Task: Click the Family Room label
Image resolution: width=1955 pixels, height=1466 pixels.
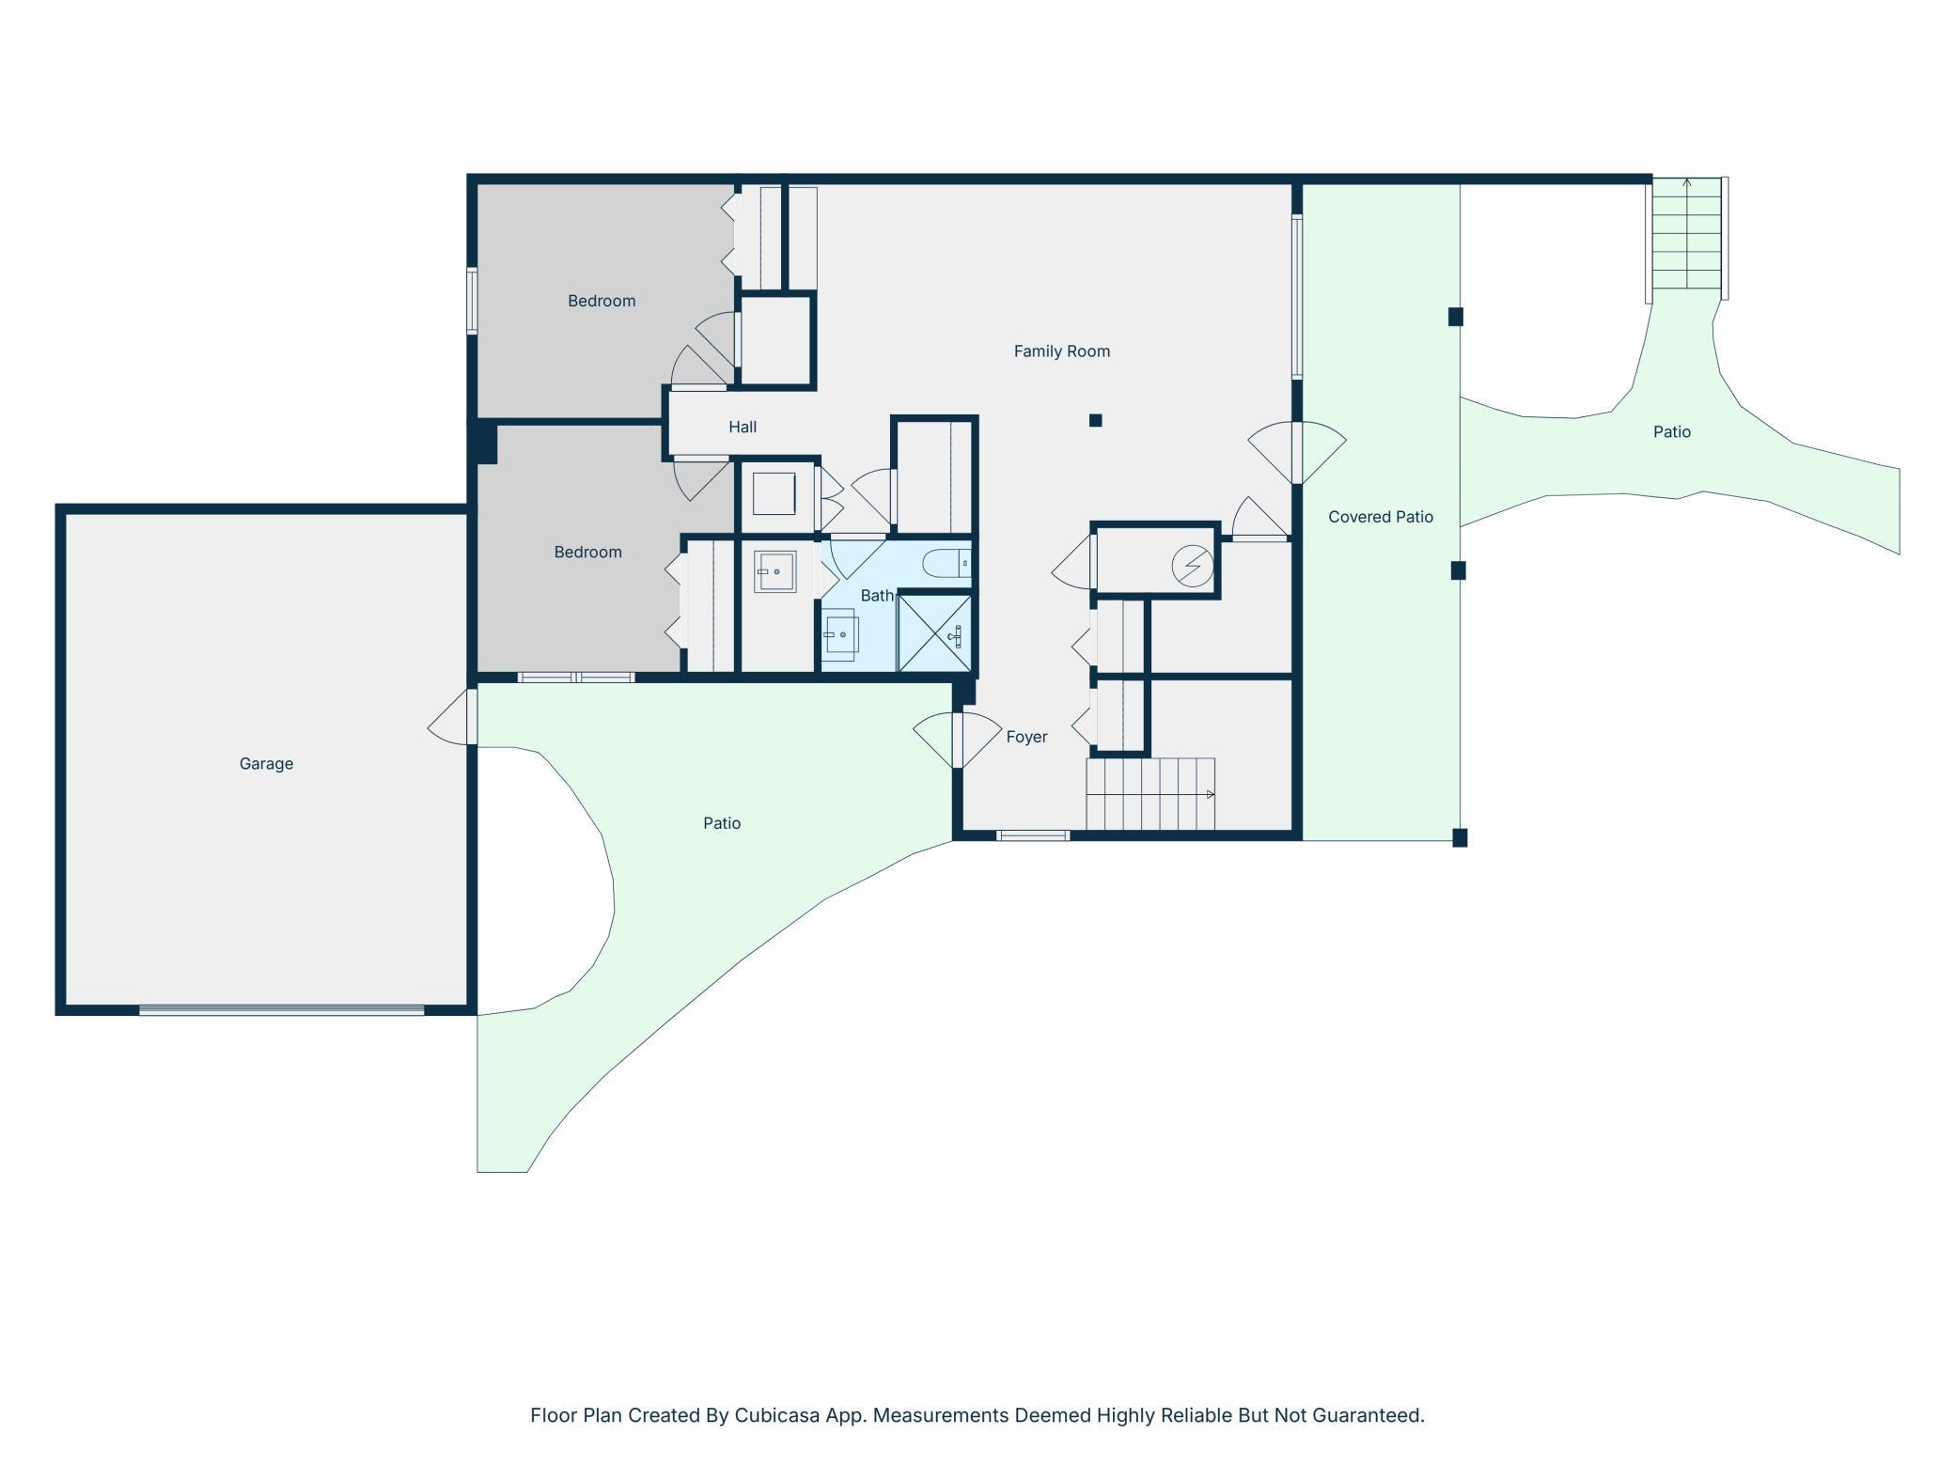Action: tap(1061, 351)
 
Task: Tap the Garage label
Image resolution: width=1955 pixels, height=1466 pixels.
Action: tap(266, 764)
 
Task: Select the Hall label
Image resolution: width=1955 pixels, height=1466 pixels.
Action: tap(743, 427)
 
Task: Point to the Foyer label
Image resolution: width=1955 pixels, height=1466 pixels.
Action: tap(1026, 737)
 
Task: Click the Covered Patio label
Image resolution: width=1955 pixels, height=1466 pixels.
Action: tap(1381, 517)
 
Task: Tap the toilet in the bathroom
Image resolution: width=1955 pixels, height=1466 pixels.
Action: tap(946, 564)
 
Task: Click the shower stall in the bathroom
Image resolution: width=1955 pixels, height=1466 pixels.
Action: tap(935, 633)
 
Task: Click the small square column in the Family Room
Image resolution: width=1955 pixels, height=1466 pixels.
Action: tap(1095, 420)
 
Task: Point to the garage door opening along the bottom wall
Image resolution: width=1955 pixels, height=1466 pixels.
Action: tap(282, 1010)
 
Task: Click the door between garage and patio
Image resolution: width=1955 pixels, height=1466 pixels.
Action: tap(453, 717)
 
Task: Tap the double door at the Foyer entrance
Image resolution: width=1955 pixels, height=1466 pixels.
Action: tap(958, 741)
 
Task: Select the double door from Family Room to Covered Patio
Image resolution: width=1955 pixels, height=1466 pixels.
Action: tap(1297, 453)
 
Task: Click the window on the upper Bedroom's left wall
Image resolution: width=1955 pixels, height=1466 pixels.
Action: tap(472, 301)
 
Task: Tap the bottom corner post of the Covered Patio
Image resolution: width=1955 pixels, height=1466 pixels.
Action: tap(1460, 838)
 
